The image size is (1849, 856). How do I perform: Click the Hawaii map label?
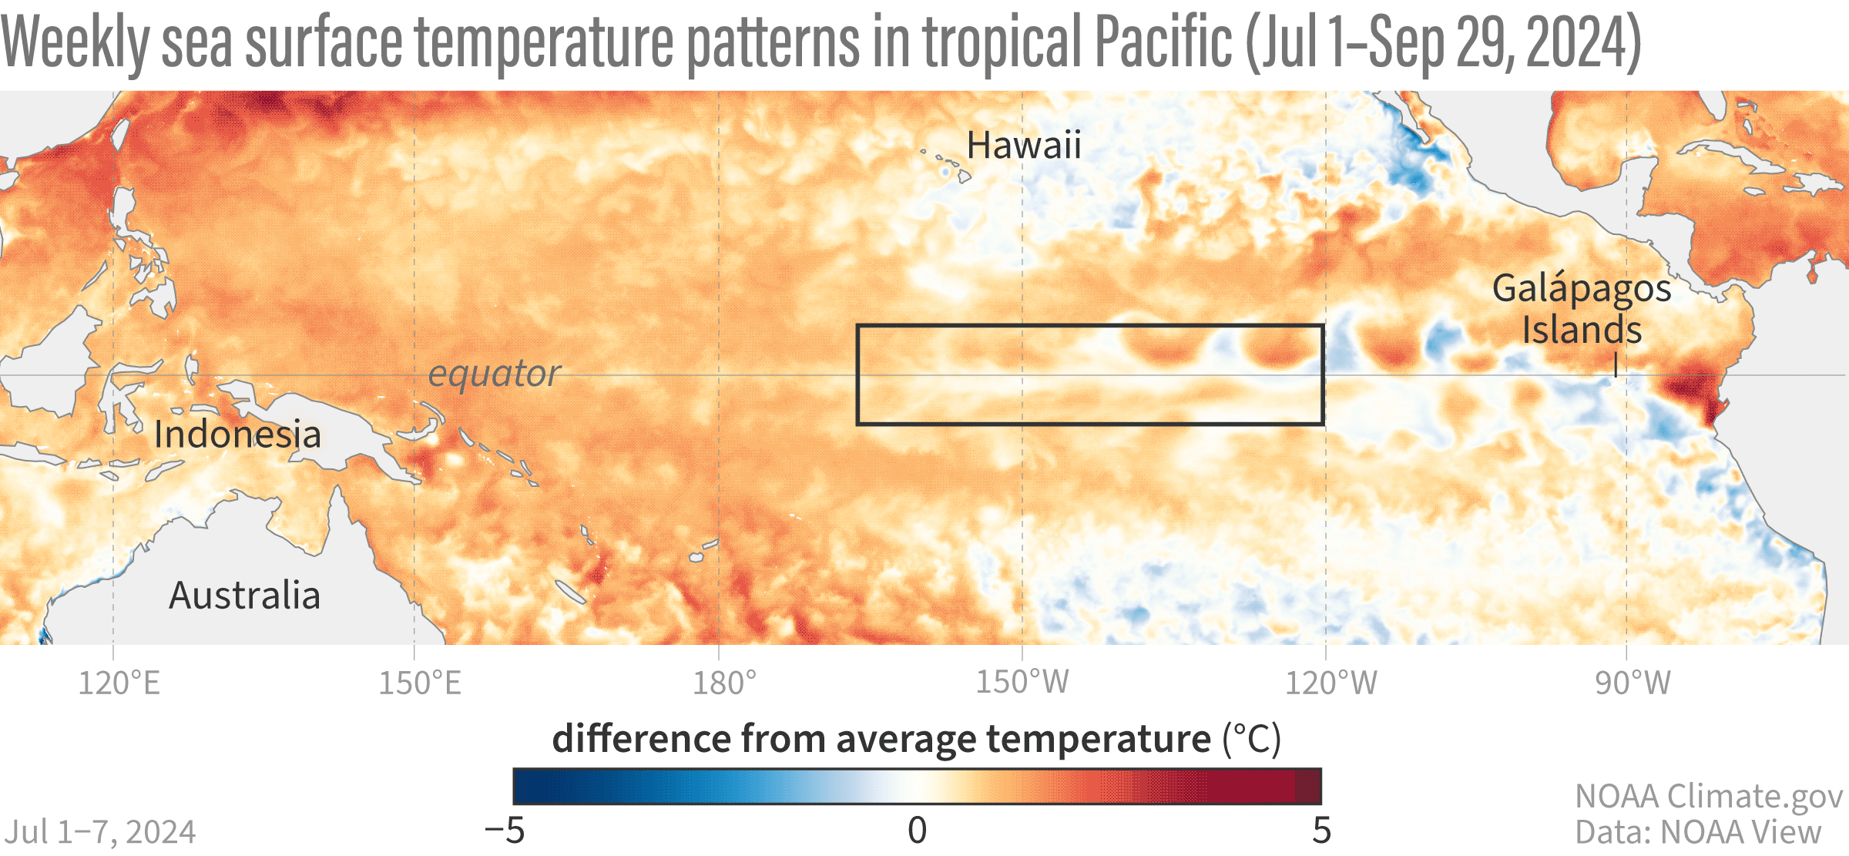(x=1024, y=146)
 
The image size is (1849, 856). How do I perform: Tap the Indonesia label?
(x=237, y=435)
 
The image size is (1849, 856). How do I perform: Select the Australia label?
(x=245, y=596)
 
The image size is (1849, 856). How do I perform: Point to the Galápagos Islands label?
(x=1582, y=309)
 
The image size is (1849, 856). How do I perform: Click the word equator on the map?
(x=495, y=374)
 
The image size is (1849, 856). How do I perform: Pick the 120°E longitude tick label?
(x=119, y=683)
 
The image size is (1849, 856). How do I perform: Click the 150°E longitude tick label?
(x=420, y=683)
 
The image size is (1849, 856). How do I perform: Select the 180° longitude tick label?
(x=724, y=683)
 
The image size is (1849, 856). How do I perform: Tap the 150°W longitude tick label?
(x=1022, y=683)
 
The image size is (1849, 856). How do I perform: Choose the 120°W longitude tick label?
(x=1331, y=683)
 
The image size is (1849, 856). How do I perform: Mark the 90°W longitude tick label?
(x=1633, y=683)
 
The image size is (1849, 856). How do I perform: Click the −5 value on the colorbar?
(x=505, y=831)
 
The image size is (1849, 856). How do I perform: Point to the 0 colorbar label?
(x=917, y=831)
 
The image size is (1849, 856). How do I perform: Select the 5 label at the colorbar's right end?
(x=1322, y=831)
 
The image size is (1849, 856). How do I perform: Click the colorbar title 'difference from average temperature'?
(x=881, y=739)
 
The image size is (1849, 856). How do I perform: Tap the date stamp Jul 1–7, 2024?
(x=100, y=832)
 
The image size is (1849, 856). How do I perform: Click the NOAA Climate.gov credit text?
(x=1709, y=797)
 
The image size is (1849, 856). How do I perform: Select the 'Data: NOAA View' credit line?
(x=1698, y=832)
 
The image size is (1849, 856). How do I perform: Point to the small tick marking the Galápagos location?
(x=1616, y=365)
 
